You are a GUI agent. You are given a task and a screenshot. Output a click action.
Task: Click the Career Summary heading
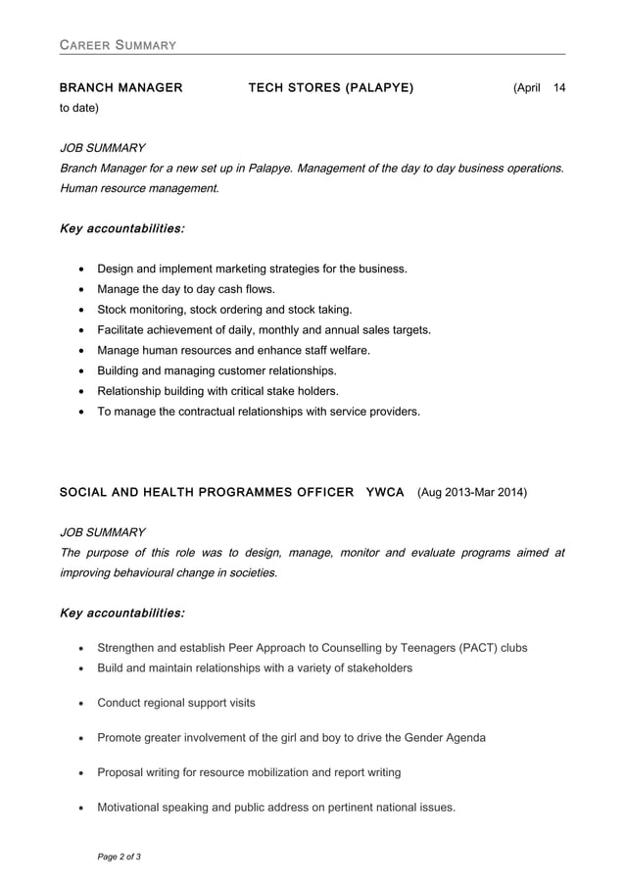click(118, 45)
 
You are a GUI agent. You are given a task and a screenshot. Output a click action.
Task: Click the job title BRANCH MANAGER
click(120, 88)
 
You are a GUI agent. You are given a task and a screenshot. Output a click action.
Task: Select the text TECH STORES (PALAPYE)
click(331, 88)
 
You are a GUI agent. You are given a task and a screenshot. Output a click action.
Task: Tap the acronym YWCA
click(384, 492)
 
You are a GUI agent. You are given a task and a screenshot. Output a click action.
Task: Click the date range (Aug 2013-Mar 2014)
click(472, 492)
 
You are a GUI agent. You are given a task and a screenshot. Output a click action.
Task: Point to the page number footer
click(119, 858)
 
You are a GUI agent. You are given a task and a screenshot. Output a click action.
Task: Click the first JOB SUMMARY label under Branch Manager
click(102, 148)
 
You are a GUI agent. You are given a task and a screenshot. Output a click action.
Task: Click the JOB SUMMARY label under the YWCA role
click(102, 532)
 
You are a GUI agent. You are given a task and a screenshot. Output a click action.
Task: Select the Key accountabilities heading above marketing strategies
click(121, 228)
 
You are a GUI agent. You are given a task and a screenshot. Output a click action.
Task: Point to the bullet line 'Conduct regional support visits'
click(175, 703)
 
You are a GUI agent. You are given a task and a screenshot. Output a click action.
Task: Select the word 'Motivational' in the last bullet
click(133, 808)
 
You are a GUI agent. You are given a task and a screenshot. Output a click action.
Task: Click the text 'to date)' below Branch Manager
click(79, 108)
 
